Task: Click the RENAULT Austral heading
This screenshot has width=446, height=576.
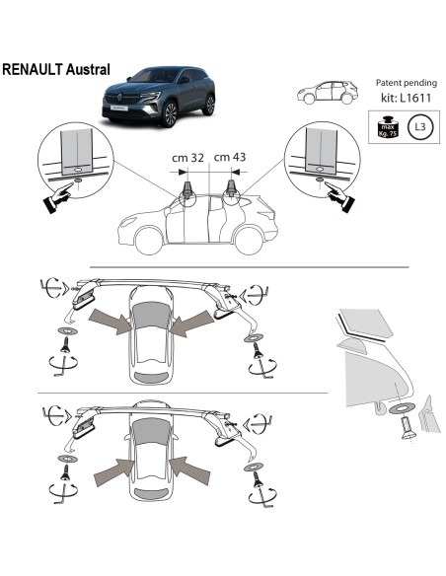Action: tap(56, 71)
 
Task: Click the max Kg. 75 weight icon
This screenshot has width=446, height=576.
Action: tap(386, 126)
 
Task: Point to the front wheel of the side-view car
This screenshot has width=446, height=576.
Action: tap(150, 240)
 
